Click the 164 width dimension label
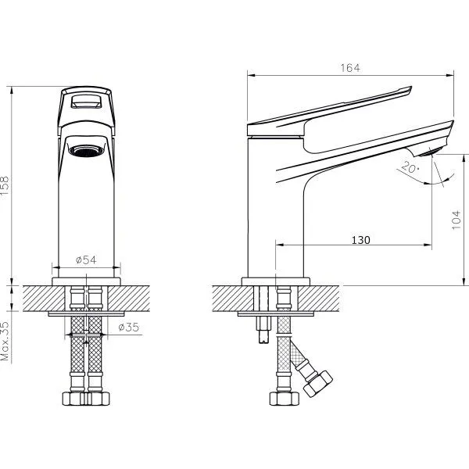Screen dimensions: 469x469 [350, 68]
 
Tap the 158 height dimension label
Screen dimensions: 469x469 [5, 186]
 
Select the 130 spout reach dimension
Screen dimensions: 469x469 [360, 240]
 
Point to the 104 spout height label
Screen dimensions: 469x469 [456, 220]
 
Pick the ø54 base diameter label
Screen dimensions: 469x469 [86, 260]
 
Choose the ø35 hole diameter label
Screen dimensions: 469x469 [129, 328]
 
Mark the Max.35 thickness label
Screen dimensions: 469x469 [5, 342]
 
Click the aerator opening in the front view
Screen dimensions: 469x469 [86, 150]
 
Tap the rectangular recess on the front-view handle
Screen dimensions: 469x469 [86, 101]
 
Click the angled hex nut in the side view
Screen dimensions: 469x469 [317, 384]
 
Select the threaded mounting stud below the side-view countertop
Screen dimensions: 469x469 [265, 330]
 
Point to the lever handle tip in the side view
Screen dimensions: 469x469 [409, 89]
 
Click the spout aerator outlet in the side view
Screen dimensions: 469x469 [428, 152]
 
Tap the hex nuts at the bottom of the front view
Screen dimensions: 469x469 [86, 399]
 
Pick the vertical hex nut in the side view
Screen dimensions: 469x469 [285, 399]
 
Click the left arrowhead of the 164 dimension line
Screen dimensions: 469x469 [251, 75]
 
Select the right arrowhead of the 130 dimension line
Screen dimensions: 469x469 [428, 245]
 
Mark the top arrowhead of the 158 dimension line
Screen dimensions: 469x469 [12, 90]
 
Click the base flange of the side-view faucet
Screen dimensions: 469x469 [276, 281]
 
